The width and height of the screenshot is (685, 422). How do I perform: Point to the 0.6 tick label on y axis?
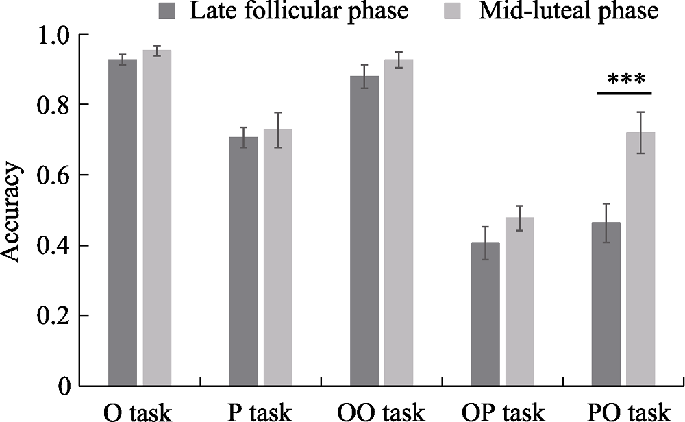[53, 175]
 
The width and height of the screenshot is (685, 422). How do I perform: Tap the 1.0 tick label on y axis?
[53, 34]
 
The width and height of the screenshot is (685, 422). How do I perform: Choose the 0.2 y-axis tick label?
[53, 316]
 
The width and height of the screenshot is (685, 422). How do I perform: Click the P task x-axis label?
[260, 412]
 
